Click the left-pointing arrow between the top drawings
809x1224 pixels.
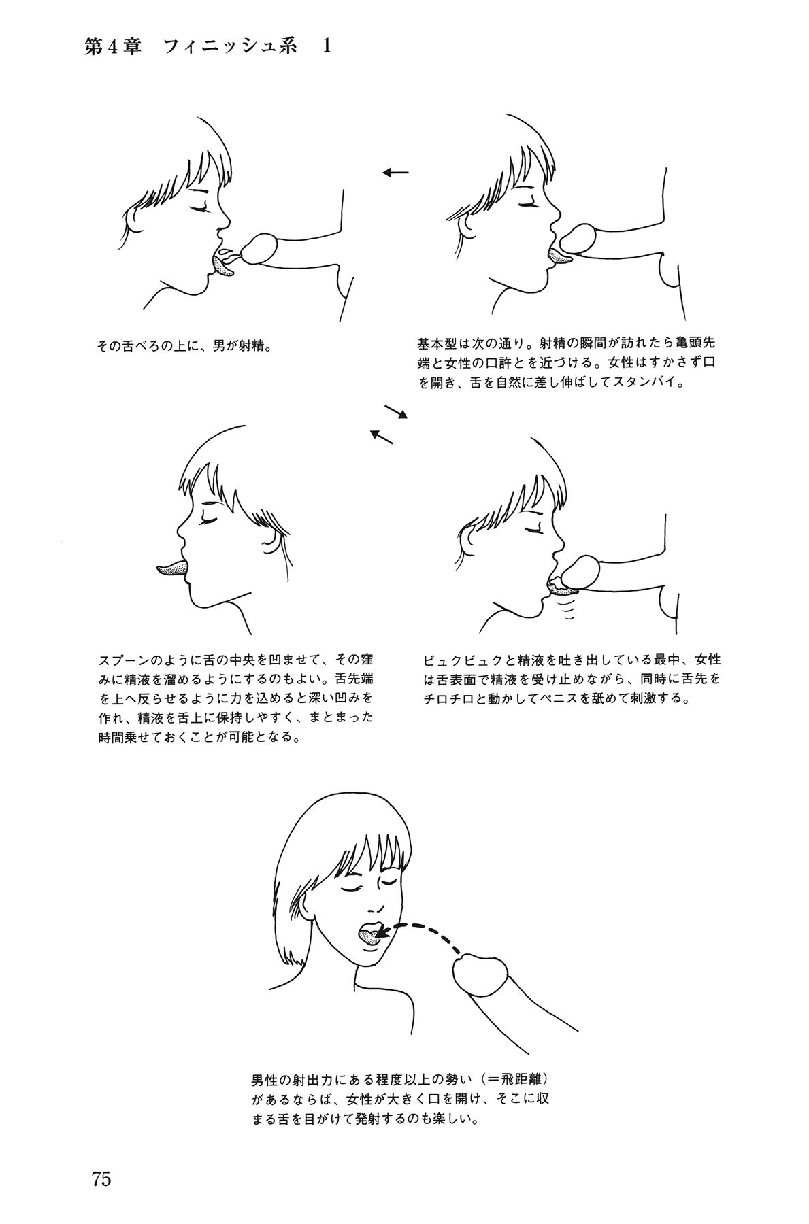coord(395,173)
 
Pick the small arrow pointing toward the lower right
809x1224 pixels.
coord(395,411)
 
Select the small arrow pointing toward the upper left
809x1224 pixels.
coord(381,436)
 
